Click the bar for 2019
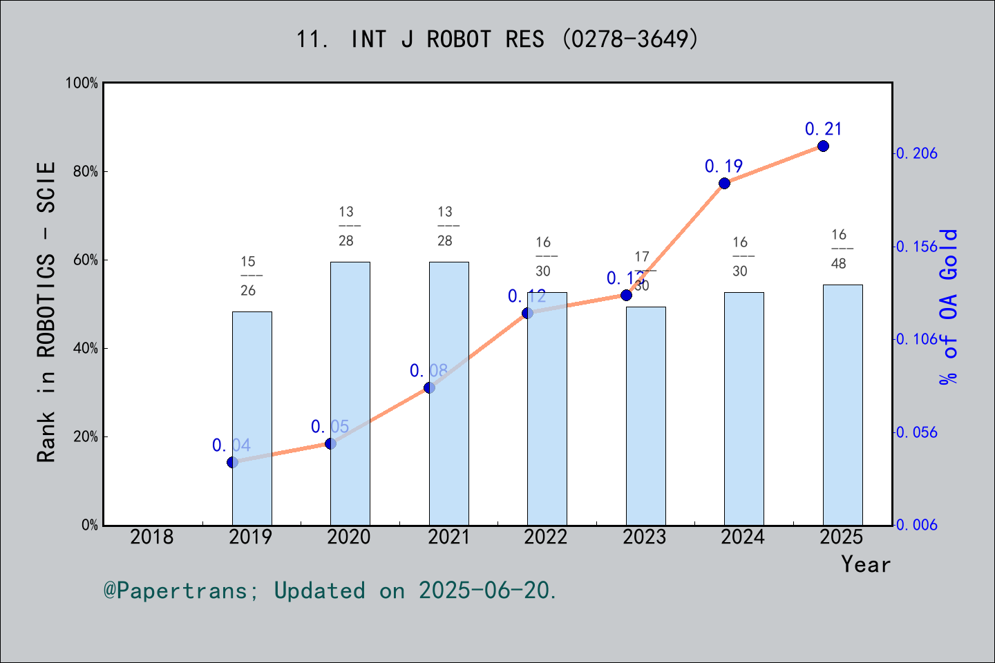pos(252,418)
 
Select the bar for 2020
pos(350,394)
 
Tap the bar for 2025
pos(842,405)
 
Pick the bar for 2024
pos(744,408)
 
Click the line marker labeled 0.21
pos(823,146)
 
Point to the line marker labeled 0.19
pos(724,183)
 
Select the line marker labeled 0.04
pos(232,462)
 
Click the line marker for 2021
pos(429,387)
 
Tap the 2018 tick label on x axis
pos(152,537)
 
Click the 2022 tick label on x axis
pos(546,537)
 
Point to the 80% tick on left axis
pos(86,171)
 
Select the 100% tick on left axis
pos(82,83)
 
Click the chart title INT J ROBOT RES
pos(497,39)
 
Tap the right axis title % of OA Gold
pos(949,307)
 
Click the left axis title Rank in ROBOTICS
pos(46,312)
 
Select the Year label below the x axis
pos(866,564)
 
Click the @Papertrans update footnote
pos(330,590)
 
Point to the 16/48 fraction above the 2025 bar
pos(839,249)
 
